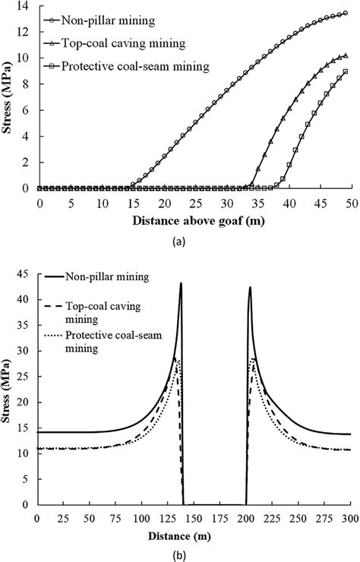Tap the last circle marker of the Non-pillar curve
point(346,13)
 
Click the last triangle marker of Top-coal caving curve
point(346,55)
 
